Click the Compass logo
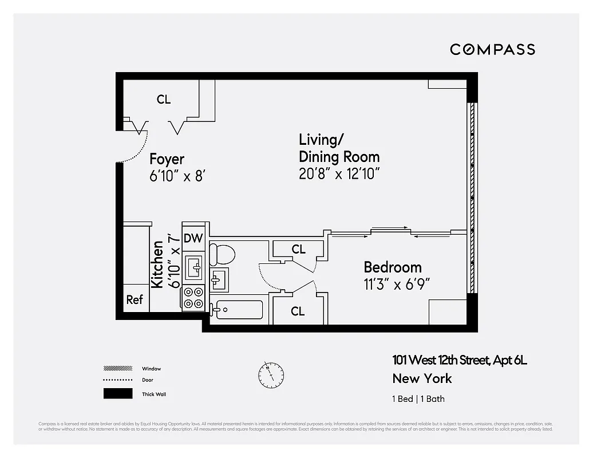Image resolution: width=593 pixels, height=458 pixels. (492, 49)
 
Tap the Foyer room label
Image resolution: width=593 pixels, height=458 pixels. (167, 159)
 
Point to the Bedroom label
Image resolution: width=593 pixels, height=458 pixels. (393, 267)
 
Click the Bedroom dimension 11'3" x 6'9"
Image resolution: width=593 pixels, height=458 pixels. (397, 284)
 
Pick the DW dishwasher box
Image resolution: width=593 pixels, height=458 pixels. (193, 239)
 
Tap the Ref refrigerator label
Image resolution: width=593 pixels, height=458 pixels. (135, 299)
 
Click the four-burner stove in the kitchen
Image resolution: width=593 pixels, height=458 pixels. (193, 298)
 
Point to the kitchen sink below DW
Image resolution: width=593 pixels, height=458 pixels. (193, 267)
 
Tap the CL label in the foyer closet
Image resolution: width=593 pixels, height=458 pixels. (164, 100)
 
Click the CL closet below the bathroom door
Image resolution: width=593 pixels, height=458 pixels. (298, 311)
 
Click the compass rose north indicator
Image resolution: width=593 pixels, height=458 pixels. (271, 375)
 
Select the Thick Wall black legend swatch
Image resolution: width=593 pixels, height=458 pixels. (117, 394)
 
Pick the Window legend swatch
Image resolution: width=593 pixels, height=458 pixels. (117, 368)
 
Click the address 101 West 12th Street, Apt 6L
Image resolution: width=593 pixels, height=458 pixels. (459, 360)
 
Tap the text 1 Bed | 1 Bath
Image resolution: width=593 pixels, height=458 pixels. (418, 399)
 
